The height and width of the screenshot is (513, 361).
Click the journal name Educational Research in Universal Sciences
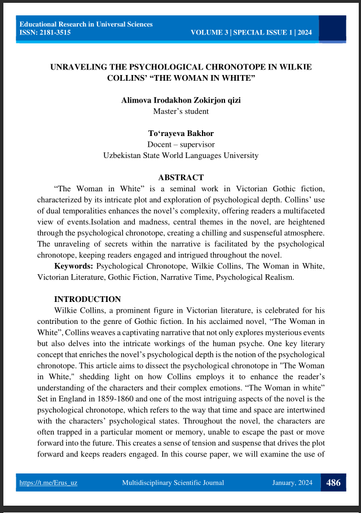coord(86,24)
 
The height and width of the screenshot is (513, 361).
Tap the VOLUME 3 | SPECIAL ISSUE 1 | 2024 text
coord(251,33)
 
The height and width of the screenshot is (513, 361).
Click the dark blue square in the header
coord(336,28)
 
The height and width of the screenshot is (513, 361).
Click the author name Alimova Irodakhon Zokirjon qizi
coord(180,100)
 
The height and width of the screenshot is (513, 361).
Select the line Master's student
coord(180,111)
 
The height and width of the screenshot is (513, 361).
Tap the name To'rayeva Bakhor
coord(180,133)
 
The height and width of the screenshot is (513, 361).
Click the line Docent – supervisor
coord(180,144)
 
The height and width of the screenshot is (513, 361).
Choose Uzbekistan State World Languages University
coord(180,155)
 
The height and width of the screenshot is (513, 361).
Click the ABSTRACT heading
coord(180,177)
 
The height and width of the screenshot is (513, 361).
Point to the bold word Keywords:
coord(74,265)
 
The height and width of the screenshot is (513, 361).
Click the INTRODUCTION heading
coord(87,299)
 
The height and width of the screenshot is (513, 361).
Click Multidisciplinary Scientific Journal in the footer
coord(173,483)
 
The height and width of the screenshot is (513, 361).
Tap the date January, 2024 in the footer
coord(293,483)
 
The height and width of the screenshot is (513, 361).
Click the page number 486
coord(333,483)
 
